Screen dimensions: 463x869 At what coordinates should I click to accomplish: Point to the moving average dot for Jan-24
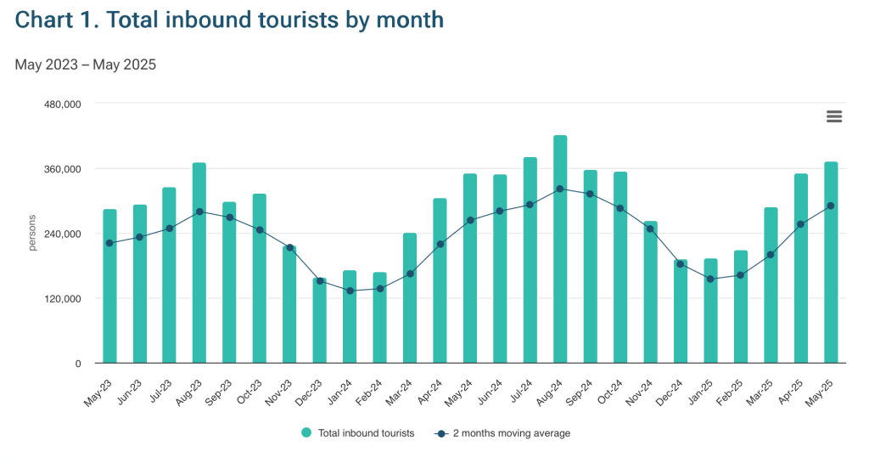tap(350, 291)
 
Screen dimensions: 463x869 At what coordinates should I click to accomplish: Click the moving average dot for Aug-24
tap(560, 189)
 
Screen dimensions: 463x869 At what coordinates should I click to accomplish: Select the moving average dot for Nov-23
tap(289, 248)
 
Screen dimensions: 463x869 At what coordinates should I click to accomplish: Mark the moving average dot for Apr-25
tap(800, 224)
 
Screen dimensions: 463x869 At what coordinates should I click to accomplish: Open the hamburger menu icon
tap(834, 117)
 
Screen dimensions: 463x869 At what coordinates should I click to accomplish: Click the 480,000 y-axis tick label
tap(61, 104)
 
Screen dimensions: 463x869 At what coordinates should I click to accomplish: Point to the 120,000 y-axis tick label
tap(61, 299)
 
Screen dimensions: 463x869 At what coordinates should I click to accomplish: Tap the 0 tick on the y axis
tap(77, 364)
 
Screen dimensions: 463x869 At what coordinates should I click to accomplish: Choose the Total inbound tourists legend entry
tap(357, 433)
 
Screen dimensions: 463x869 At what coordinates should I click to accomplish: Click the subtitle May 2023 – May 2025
tap(86, 65)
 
